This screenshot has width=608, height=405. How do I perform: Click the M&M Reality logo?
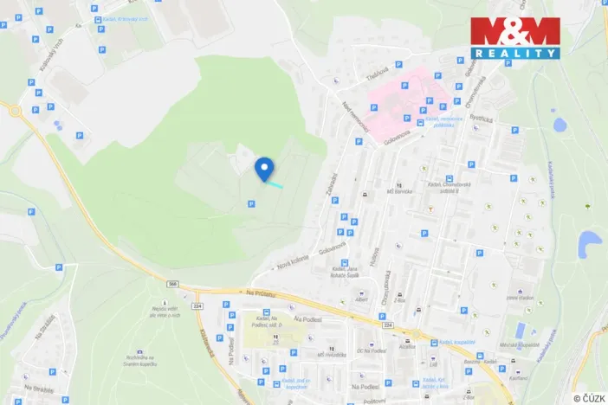pyautogui.click(x=515, y=37)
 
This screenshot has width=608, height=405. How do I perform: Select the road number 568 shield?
pyautogui.click(x=173, y=283)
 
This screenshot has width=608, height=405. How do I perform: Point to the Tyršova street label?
pyautogui.click(x=374, y=76)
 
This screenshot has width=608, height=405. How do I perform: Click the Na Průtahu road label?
pyautogui.click(x=260, y=294)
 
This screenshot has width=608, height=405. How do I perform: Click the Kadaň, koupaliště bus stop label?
pyautogui.click(x=451, y=344)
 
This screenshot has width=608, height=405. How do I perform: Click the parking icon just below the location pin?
pyautogui.click(x=251, y=203)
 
